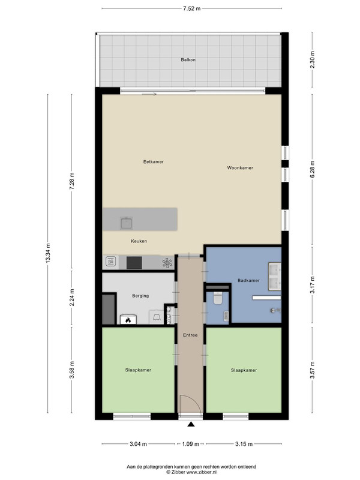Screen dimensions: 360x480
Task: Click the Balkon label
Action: pyautogui.click(x=188, y=59)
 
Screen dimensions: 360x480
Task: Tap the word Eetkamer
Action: pyautogui.click(x=154, y=161)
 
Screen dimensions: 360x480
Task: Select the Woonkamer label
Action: pyautogui.click(x=240, y=168)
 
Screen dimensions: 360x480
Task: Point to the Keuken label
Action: pyautogui.click(x=139, y=241)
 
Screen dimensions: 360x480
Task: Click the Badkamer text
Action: pyautogui.click(x=248, y=280)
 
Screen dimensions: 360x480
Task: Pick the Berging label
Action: pyautogui.click(x=140, y=296)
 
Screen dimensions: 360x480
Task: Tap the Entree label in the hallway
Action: pyautogui.click(x=190, y=335)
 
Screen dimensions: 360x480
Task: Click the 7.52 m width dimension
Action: pyautogui.click(x=191, y=8)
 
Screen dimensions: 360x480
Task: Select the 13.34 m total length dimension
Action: pyautogui.click(x=48, y=253)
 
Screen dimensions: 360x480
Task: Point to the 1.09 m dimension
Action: pyautogui.click(x=190, y=444)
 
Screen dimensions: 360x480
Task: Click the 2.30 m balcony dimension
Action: pyautogui.click(x=312, y=59)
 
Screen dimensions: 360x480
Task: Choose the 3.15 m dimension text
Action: pyautogui.click(x=244, y=444)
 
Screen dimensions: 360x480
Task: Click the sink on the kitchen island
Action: pyautogui.click(x=127, y=223)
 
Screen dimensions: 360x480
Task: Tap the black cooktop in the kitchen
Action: pyautogui.click(x=134, y=263)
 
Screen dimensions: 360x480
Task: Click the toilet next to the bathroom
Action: pyautogui.click(x=218, y=298)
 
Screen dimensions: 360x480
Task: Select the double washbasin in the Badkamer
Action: pyautogui.click(x=275, y=276)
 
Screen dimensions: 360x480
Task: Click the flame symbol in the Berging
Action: pyautogui.click(x=128, y=320)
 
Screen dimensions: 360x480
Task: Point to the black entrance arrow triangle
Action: pyautogui.click(x=191, y=424)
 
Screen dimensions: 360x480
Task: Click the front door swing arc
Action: pyautogui.click(x=194, y=399)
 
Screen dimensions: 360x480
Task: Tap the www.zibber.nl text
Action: pyautogui.click(x=201, y=472)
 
